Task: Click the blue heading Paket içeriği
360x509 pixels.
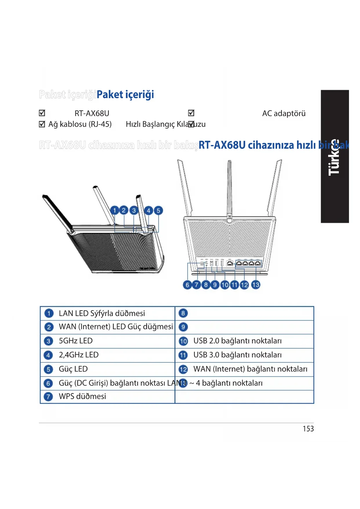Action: pyautogui.click(x=125, y=95)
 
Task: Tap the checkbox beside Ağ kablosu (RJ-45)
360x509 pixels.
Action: pyautogui.click(x=42, y=124)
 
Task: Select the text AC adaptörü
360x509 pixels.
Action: pyautogui.click(x=284, y=113)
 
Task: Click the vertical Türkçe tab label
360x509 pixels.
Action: pyautogui.click(x=334, y=157)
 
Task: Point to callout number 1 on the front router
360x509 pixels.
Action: pyautogui.click(x=115, y=210)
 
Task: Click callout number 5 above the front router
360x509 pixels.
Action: pyautogui.click(x=158, y=210)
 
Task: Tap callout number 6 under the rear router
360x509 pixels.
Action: pyautogui.click(x=187, y=285)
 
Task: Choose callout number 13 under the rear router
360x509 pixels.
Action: pyautogui.click(x=256, y=285)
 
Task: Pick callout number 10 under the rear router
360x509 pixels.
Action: pyautogui.click(x=225, y=285)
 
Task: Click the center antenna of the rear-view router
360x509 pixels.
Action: pyautogui.click(x=229, y=189)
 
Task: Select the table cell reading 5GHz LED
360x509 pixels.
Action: pyautogui.click(x=76, y=341)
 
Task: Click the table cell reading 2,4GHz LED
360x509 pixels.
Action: pyautogui.click(x=79, y=355)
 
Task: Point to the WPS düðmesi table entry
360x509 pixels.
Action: pyautogui.click(x=82, y=396)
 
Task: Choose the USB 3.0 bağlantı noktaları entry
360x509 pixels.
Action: pyautogui.click(x=237, y=355)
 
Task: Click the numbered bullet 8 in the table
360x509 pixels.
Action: pyautogui.click(x=183, y=313)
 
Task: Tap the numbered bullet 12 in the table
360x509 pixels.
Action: pyautogui.click(x=183, y=369)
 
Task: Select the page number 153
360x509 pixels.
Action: pyautogui.click(x=308, y=429)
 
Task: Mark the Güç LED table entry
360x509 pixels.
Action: pyautogui.click(x=73, y=369)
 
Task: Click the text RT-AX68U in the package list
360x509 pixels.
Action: pyautogui.click(x=92, y=113)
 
